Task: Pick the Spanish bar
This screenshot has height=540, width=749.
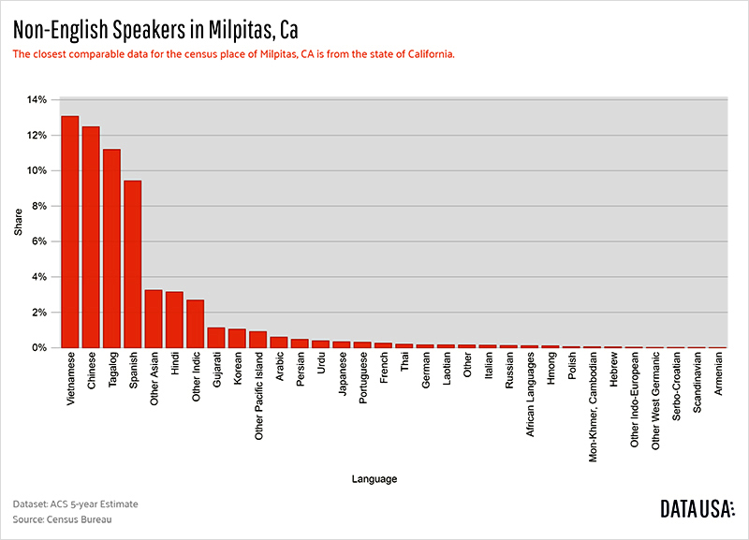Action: point(133,264)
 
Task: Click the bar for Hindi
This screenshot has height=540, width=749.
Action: point(174,320)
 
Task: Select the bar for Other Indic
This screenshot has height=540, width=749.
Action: point(196,324)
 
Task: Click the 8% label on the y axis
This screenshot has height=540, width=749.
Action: point(37,206)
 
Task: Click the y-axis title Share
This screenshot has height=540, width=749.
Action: point(17,224)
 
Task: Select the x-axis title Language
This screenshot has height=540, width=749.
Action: point(374,479)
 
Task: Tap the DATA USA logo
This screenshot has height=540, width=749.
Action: point(697,509)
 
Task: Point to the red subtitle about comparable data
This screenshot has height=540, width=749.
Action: point(233,54)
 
